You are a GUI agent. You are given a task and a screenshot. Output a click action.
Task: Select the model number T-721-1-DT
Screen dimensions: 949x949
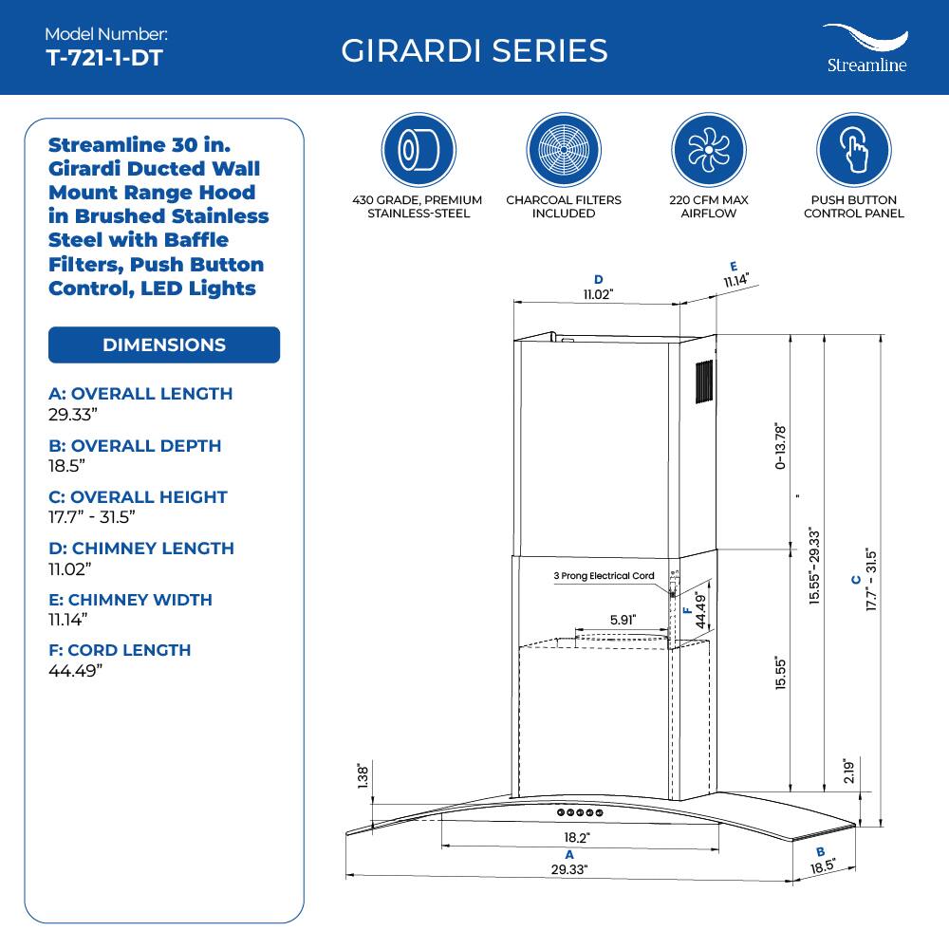104,58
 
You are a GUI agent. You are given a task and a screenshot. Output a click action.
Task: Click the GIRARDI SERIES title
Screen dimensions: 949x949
474,50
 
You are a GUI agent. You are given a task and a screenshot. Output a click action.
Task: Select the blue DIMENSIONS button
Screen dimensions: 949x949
164,344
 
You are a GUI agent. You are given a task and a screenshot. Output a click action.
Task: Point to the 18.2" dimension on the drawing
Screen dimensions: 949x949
577,838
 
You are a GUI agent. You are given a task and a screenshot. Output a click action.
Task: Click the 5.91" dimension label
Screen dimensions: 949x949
623,620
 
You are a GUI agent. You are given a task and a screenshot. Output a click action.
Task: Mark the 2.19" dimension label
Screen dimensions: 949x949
849,771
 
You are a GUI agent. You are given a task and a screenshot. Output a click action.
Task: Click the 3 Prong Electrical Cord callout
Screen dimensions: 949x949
605,576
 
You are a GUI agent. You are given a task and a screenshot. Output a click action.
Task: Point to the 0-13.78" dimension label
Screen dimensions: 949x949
780,446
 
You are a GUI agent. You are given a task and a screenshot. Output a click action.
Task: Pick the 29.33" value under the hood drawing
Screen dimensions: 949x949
569,869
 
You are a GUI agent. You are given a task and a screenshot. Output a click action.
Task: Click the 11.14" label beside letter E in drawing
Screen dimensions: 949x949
736,280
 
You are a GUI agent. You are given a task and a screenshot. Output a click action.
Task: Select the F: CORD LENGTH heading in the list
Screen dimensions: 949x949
120,650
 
